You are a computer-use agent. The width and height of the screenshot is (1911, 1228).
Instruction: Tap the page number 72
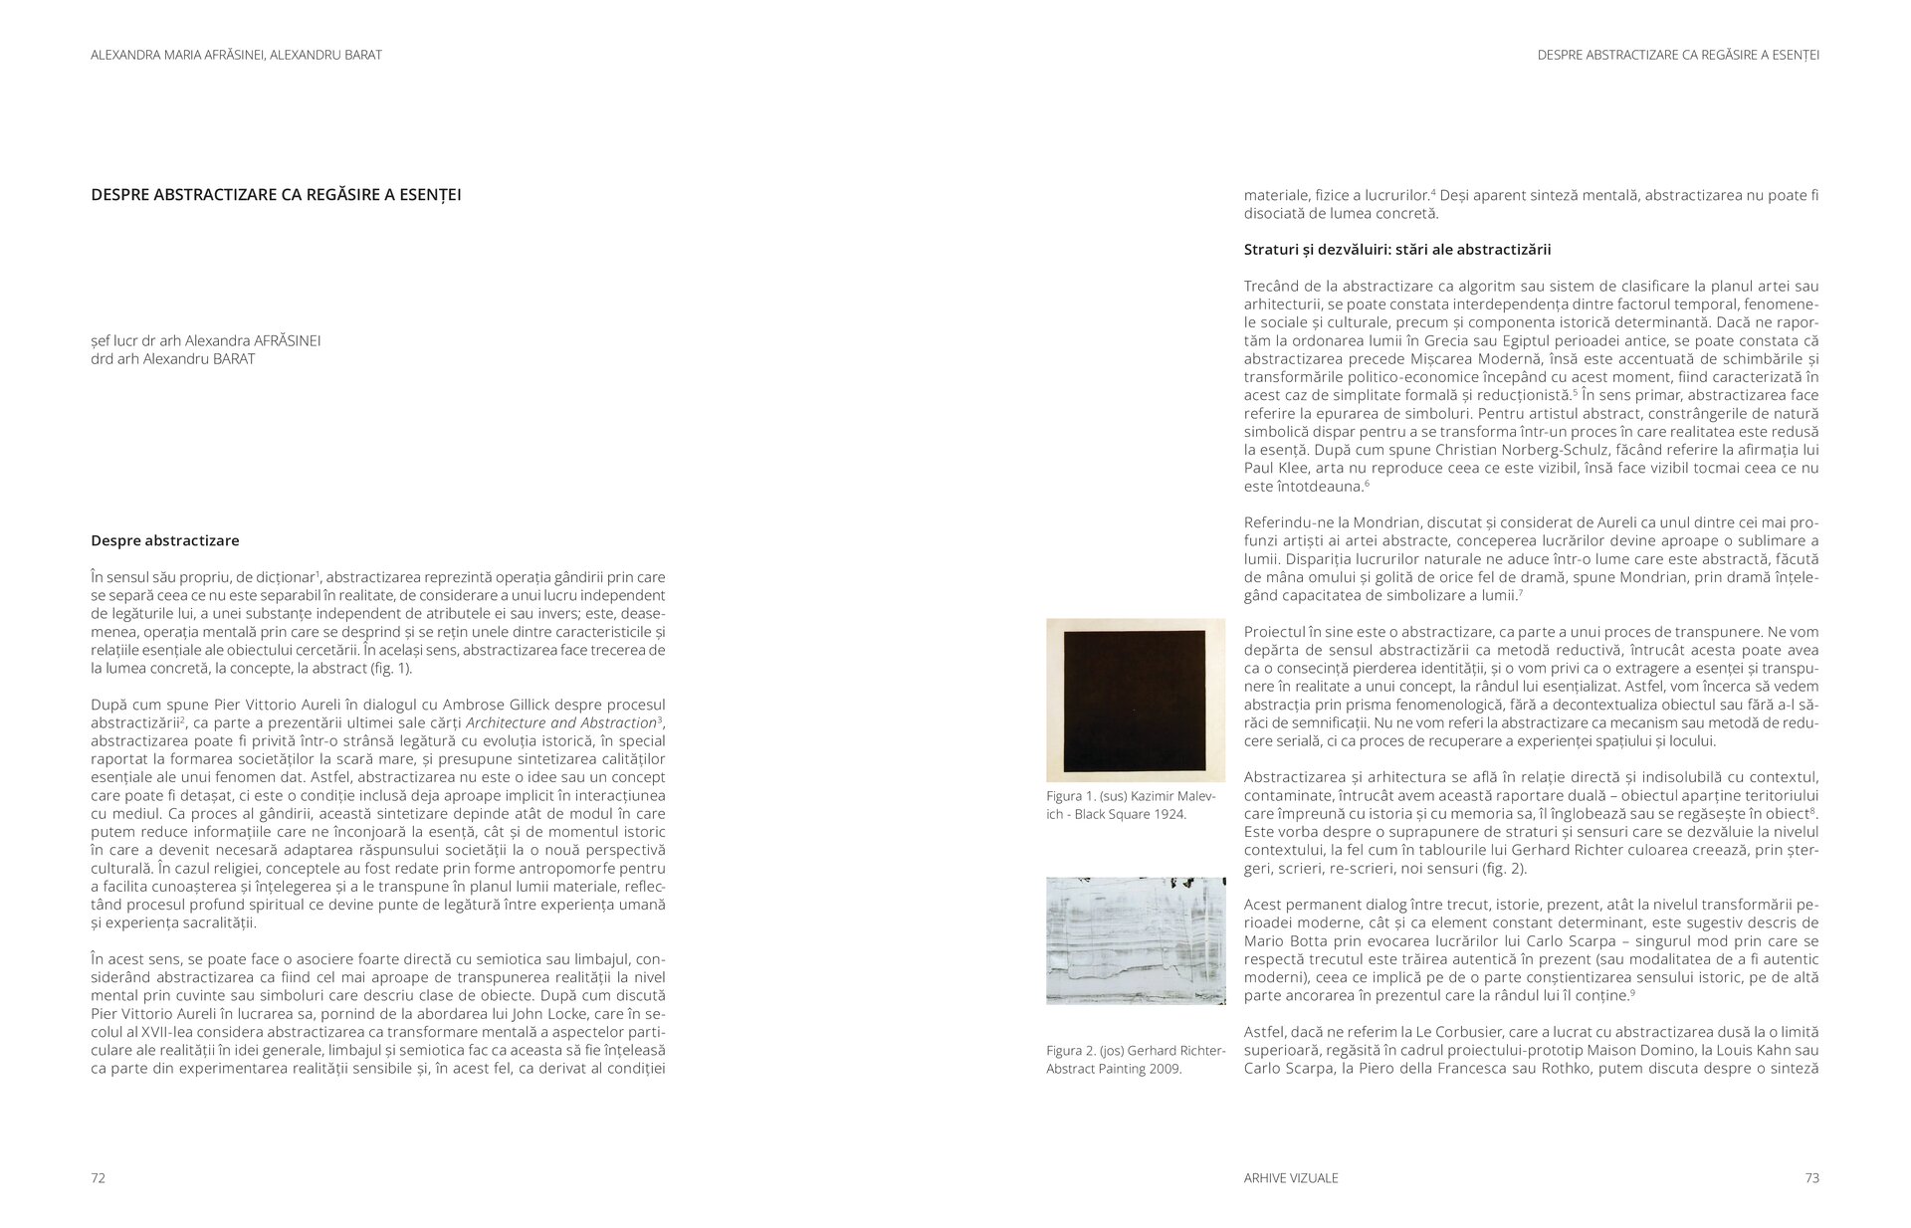(98, 1177)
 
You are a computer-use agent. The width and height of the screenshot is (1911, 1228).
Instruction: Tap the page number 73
(1811, 1177)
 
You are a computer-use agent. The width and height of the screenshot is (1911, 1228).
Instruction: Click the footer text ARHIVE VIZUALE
(1291, 1177)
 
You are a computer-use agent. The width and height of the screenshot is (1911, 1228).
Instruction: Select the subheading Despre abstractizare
(164, 540)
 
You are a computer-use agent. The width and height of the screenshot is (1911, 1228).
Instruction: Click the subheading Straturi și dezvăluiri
(1397, 249)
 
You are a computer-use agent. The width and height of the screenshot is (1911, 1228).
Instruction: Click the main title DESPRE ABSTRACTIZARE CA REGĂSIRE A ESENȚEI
(276, 194)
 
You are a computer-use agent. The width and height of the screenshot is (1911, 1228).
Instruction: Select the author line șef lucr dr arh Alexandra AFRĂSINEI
(205, 340)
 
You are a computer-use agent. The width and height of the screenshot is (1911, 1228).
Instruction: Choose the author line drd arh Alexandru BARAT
(172, 358)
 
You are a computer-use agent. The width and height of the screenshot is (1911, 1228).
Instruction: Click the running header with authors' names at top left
(236, 55)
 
